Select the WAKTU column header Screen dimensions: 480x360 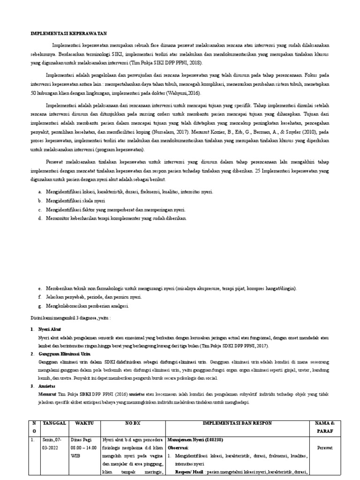84,423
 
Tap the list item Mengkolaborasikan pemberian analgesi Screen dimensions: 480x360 87,306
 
